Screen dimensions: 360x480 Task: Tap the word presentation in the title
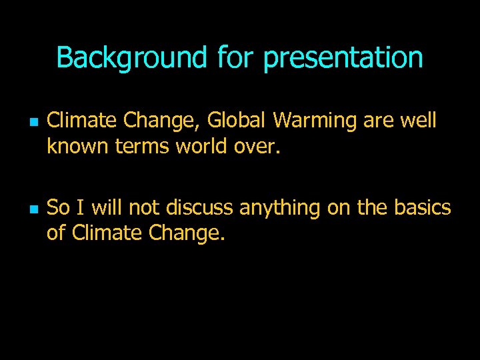[x=343, y=58]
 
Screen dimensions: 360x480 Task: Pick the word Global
[x=237, y=121]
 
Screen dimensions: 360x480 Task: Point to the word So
[x=59, y=208]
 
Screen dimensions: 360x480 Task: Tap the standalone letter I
[x=81, y=208]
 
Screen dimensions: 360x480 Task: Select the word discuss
[x=199, y=208]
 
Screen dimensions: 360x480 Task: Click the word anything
[x=281, y=208]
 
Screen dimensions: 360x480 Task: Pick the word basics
[x=422, y=208]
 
